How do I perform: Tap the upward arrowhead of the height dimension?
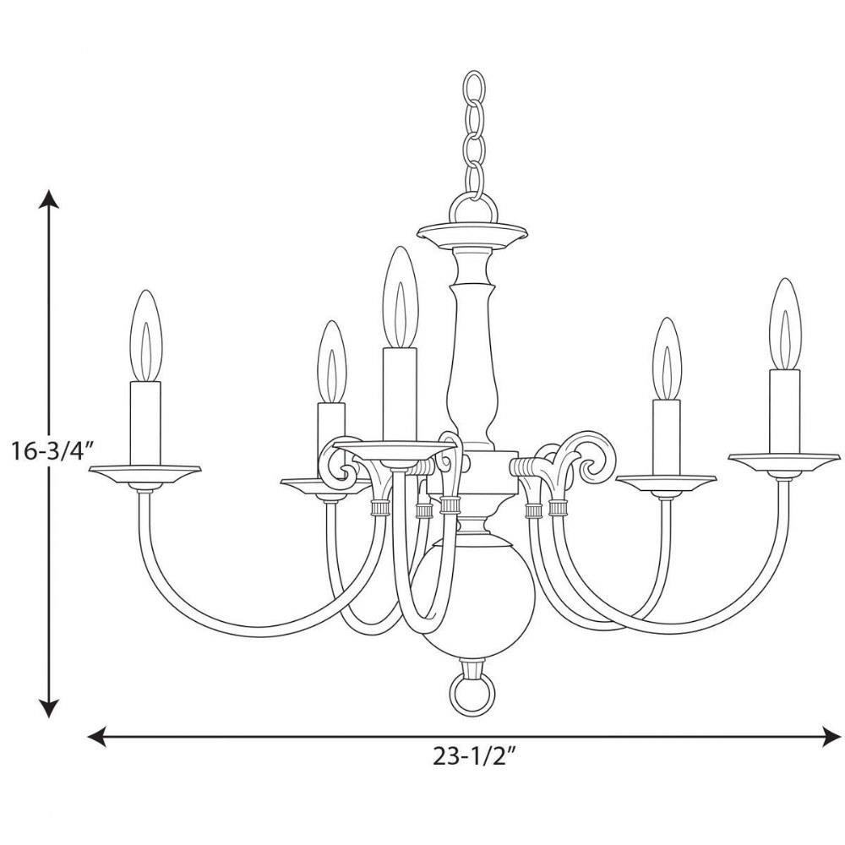[50, 199]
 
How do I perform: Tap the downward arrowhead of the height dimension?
[50, 708]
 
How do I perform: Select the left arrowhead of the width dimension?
[96, 737]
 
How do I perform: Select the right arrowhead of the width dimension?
[831, 737]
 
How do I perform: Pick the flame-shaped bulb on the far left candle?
[146, 336]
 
